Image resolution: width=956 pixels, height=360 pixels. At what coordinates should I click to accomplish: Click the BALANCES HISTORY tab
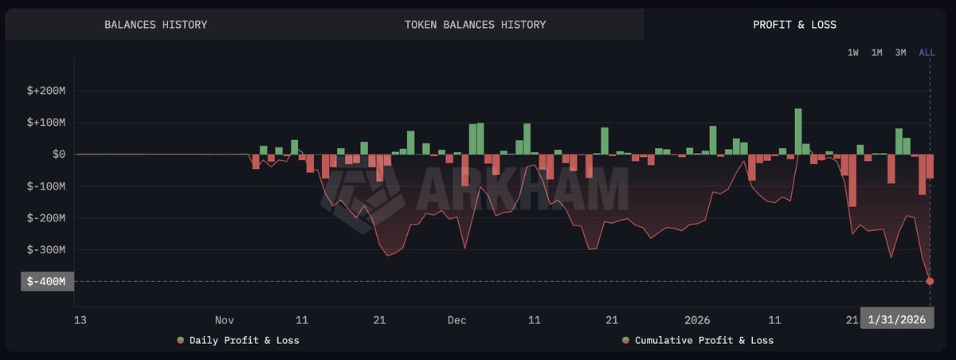(155, 25)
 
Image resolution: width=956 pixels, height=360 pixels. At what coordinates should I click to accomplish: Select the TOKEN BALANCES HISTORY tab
(475, 25)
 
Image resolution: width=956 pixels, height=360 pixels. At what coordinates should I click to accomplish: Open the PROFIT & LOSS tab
(794, 25)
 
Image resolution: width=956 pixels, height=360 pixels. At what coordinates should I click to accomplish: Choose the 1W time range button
(852, 53)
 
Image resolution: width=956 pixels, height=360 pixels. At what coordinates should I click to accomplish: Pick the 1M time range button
(876, 53)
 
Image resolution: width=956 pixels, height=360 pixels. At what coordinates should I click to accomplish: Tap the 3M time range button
(900, 53)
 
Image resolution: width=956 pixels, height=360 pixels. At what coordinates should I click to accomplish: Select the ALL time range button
(927, 53)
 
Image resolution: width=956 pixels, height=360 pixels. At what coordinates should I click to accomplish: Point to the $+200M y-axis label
(45, 91)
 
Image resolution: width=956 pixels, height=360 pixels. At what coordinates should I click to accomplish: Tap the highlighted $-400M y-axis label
(46, 281)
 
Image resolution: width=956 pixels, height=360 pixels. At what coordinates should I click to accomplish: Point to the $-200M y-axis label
(45, 218)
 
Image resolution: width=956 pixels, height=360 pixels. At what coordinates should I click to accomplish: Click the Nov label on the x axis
(224, 320)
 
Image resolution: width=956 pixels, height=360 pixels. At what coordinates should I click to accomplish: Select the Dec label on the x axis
(456, 320)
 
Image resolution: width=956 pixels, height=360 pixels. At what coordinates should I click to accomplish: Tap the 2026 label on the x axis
(697, 320)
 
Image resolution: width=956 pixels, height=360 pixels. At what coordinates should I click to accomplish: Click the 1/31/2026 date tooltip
(896, 319)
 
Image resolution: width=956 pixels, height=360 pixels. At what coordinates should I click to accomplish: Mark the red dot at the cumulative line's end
(930, 281)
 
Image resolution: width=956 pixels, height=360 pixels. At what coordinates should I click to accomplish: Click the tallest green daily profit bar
(797, 131)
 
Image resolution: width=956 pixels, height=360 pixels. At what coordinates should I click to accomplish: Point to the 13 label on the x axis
(80, 320)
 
